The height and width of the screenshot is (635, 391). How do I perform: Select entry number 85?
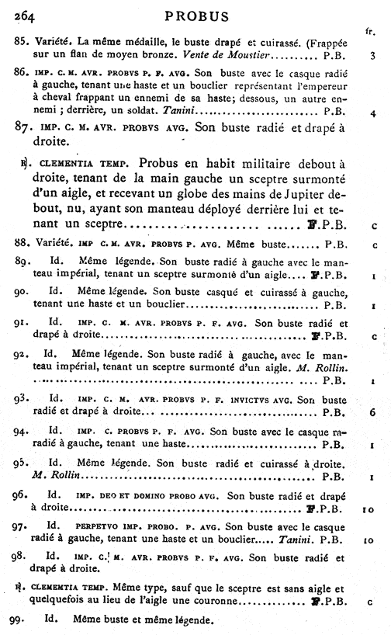pyautogui.click(x=22, y=44)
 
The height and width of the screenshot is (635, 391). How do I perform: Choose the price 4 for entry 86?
pyautogui.click(x=374, y=113)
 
